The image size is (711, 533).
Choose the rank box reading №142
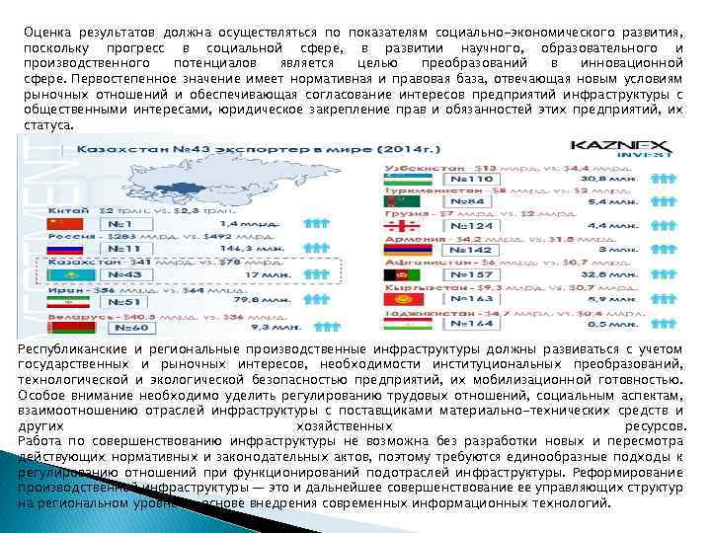[470, 251]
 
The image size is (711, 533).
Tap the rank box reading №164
[470, 323]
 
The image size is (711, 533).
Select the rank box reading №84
[470, 201]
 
